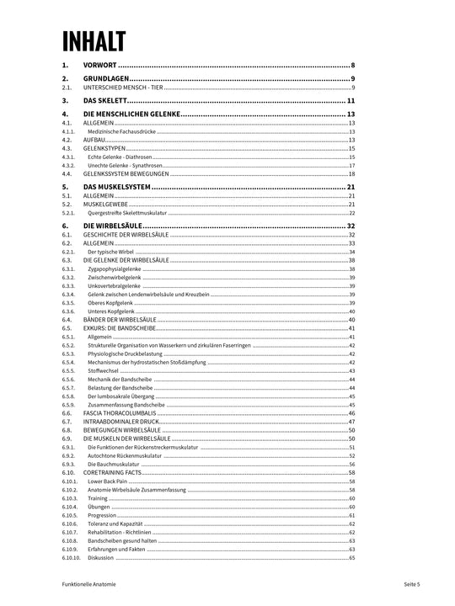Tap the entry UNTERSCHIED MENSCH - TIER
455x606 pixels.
(123, 87)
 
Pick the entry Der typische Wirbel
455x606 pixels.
(110, 252)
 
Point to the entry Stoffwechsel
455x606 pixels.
(103, 370)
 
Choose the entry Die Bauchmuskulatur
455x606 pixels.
(113, 465)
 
